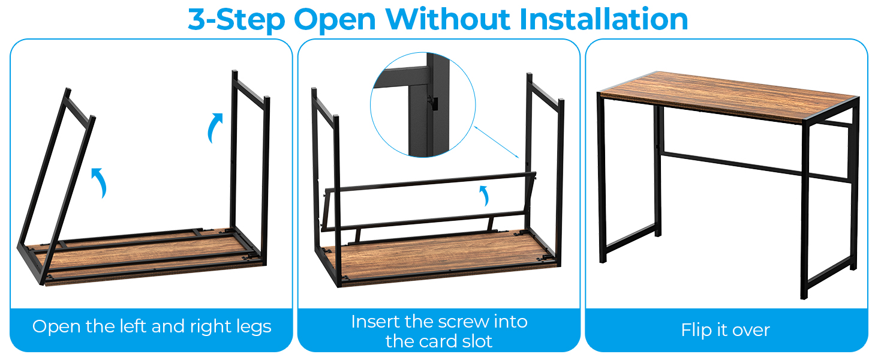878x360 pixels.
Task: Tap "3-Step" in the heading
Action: (x=236, y=20)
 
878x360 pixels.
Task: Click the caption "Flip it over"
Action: (x=726, y=330)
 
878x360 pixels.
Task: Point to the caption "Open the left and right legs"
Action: (x=152, y=326)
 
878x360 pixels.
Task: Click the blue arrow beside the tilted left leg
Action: (x=99, y=181)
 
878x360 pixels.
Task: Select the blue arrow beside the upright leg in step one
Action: (x=215, y=126)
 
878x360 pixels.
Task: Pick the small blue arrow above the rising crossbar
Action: (x=485, y=194)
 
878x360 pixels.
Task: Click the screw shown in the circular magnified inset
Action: (x=432, y=103)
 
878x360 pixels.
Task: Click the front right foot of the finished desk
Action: (x=804, y=295)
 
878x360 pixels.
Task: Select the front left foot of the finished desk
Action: (x=603, y=259)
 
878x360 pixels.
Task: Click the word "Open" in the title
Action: (x=335, y=20)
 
